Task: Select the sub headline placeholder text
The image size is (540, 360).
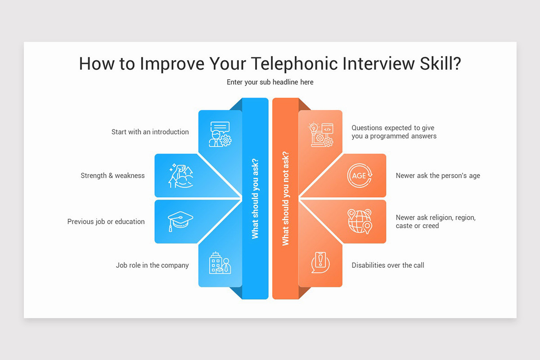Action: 270,82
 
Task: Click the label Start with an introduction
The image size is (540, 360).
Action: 150,132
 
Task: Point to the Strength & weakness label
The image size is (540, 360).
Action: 112,175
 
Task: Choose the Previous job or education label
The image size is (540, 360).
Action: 106,221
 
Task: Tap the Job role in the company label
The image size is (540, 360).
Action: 152,265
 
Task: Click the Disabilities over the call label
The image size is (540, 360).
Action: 387,265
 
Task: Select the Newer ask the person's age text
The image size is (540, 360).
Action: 437,175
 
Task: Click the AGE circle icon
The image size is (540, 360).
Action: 360,175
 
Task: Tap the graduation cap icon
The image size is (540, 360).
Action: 180,221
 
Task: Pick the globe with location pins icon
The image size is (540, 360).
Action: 360,221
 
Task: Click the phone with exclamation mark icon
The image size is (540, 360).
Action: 320,263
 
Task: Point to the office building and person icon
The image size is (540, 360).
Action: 220,263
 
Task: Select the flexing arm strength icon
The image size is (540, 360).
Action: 180,175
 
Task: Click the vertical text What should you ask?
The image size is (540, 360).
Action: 255,198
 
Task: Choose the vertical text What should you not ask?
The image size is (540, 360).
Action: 285,198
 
